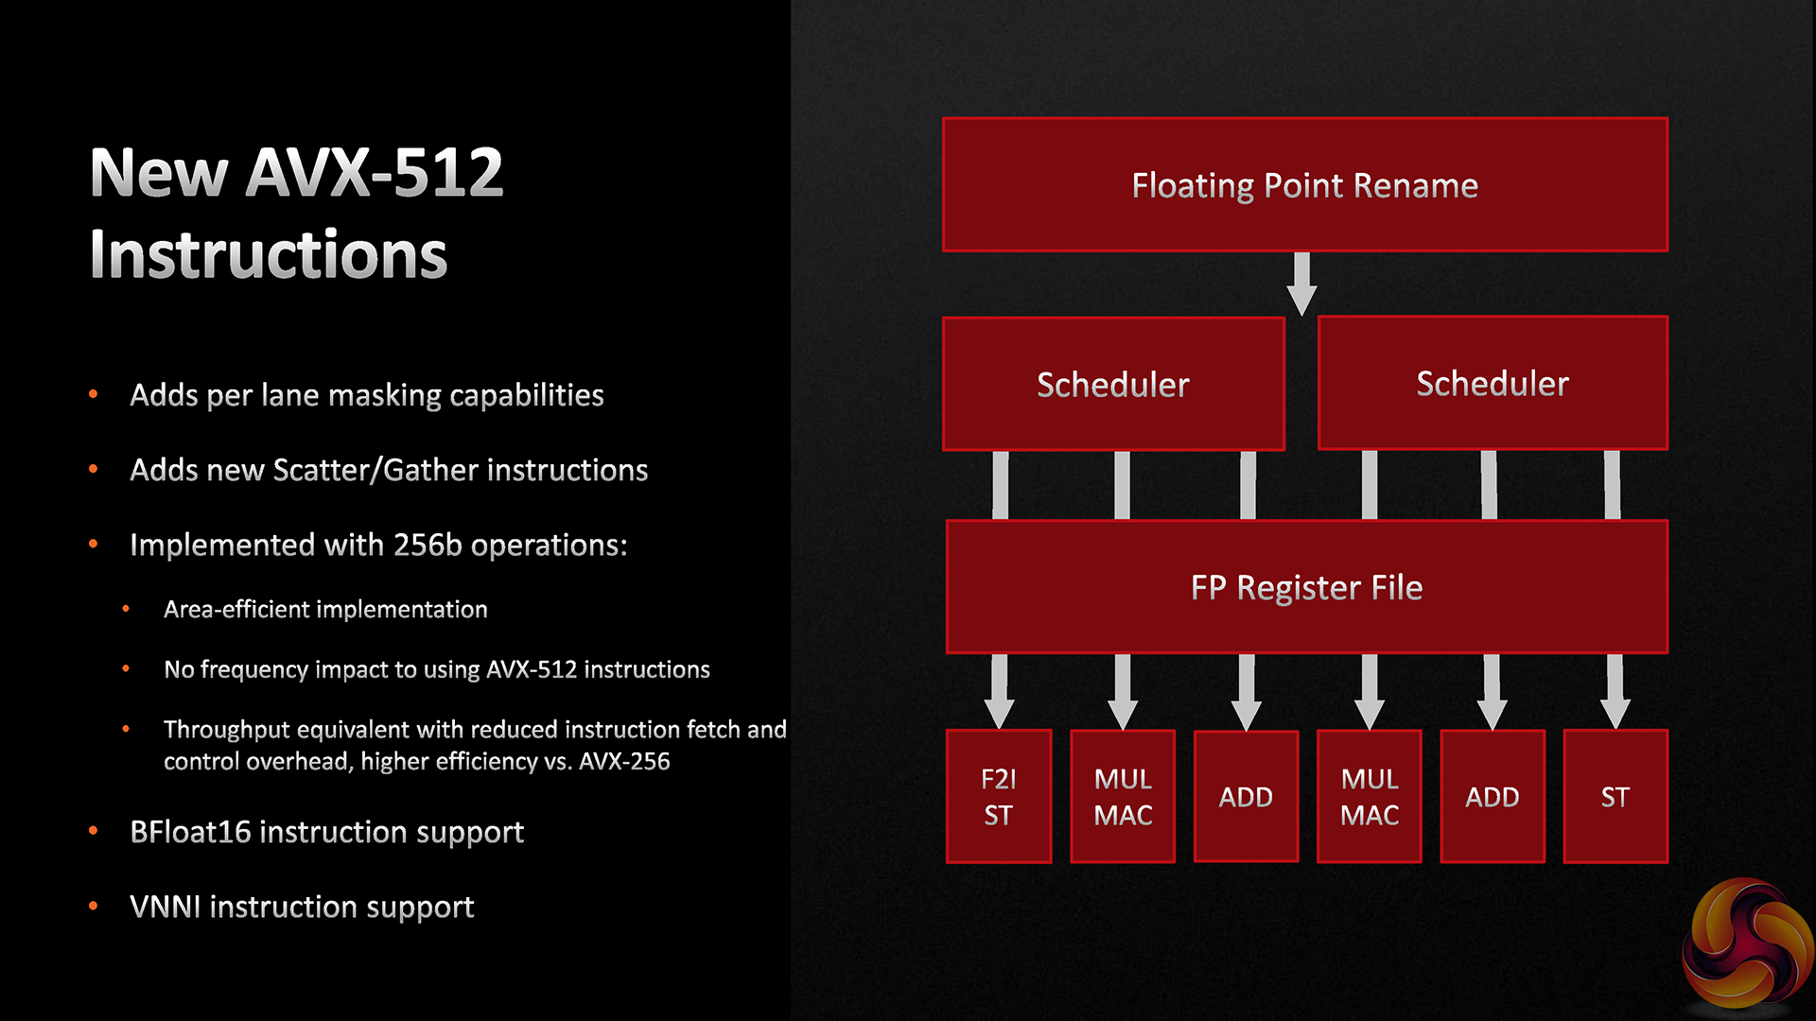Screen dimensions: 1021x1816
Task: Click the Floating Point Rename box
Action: click(x=1305, y=185)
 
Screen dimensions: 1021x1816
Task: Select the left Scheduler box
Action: click(x=1113, y=384)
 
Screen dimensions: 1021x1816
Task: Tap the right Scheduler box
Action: click(x=1493, y=383)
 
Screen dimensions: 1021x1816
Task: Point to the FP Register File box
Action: click(x=1307, y=587)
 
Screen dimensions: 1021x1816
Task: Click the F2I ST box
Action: click(x=999, y=796)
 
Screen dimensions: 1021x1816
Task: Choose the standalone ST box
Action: click(x=1615, y=796)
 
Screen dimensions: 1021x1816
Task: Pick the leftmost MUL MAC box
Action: click(x=1123, y=796)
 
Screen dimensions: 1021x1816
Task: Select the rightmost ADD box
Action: click(x=1493, y=796)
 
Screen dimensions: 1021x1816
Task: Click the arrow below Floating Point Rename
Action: click(x=1302, y=284)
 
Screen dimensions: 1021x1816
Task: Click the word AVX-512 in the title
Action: click(x=375, y=173)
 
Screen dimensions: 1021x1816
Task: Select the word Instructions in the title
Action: click(x=269, y=255)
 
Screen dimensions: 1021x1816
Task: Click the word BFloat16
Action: click(x=190, y=832)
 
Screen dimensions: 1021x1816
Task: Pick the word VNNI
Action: click(x=166, y=907)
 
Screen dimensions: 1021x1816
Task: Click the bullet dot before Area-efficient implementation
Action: click(x=126, y=610)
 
